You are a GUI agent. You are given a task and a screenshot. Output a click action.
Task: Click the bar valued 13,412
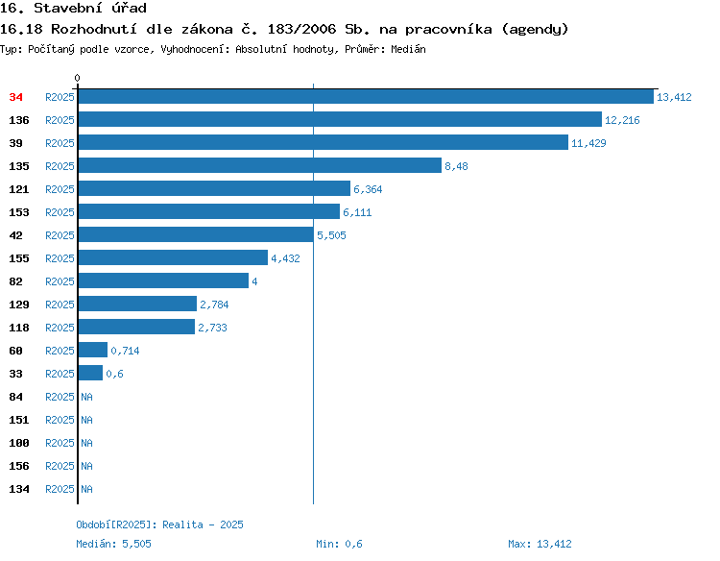[x=366, y=96]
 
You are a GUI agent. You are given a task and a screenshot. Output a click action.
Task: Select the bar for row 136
[x=340, y=119]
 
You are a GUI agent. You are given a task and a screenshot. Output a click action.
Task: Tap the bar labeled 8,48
[x=260, y=165]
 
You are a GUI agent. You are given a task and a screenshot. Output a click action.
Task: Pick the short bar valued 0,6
[x=90, y=373]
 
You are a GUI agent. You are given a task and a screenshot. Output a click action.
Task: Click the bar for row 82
[x=163, y=280]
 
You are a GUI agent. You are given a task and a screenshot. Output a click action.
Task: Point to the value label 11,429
[x=588, y=143]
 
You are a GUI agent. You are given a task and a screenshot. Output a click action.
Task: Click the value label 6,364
[x=368, y=189]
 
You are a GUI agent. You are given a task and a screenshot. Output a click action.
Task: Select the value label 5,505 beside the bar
[x=331, y=235]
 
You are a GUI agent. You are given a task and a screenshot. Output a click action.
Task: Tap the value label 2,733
[x=212, y=328]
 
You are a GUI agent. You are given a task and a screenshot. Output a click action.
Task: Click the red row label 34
[x=16, y=97]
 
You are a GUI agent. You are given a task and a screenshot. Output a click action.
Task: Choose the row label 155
[x=19, y=258]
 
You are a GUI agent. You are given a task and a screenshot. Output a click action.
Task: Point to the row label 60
[x=16, y=351]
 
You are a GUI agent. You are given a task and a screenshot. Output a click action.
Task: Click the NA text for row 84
[x=86, y=397]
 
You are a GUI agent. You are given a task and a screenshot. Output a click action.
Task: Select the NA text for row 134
[x=86, y=489]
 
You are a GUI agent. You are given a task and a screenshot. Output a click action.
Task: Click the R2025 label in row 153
[x=60, y=212]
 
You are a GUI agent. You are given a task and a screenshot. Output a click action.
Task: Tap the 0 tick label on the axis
[x=77, y=78]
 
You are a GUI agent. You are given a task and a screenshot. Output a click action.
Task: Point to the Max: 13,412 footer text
[x=540, y=544]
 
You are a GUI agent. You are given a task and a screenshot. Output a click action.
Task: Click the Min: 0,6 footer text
[x=339, y=544]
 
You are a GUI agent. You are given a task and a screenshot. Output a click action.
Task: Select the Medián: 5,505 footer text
[x=114, y=544]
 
